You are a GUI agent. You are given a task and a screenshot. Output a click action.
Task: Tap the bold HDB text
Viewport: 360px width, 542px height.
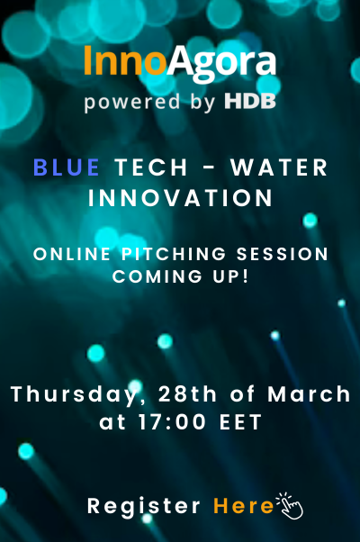(250, 101)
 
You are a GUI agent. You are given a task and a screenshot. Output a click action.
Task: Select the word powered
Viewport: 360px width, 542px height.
(132, 103)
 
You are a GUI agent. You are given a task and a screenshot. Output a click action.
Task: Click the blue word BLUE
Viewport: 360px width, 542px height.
(67, 167)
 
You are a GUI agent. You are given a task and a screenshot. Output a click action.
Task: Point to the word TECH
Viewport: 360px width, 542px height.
(151, 167)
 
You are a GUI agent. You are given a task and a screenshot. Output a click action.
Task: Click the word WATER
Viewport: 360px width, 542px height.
(279, 167)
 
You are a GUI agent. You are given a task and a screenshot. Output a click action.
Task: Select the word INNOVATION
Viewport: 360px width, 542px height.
(180, 198)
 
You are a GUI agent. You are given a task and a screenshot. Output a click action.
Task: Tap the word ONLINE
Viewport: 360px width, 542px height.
(72, 254)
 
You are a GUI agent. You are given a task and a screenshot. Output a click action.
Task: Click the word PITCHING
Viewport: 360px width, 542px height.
(174, 254)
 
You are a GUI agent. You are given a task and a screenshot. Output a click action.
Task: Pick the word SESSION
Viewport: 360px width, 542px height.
(282, 254)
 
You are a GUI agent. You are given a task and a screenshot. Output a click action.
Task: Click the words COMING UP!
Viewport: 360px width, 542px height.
(180, 276)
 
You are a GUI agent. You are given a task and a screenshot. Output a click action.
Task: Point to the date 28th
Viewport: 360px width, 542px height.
(187, 393)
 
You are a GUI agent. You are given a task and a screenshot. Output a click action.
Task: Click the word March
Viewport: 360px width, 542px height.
(309, 393)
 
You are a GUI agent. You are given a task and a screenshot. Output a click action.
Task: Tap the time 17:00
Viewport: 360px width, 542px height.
(172, 422)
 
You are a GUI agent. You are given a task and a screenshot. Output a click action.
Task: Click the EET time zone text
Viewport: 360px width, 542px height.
(240, 422)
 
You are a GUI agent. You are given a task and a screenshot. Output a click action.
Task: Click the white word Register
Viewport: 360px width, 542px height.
(144, 507)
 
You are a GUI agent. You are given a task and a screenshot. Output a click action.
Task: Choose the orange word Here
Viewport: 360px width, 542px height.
(243, 506)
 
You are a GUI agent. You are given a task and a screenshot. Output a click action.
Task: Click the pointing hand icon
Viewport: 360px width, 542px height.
(290, 506)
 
